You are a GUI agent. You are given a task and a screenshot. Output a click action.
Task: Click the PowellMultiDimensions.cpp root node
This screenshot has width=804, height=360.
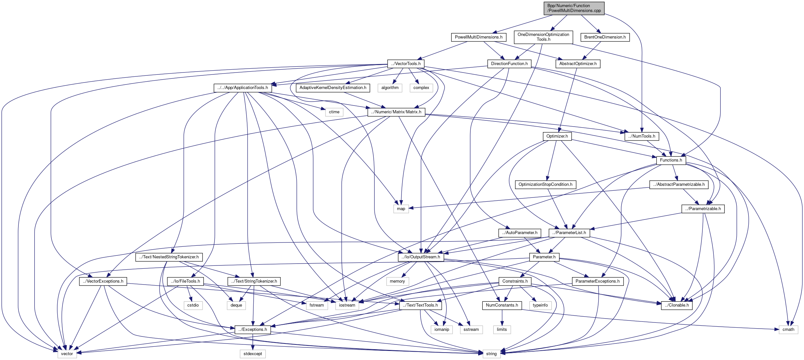click(574, 8)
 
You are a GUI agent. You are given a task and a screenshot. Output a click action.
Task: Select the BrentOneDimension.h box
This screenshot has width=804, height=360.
click(605, 37)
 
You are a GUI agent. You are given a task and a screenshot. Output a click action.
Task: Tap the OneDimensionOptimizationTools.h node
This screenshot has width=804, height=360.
click(543, 37)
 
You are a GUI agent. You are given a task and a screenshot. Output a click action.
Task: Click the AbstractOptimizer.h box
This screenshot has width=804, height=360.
click(578, 64)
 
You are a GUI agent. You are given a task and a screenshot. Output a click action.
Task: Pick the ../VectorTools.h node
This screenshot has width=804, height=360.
click(406, 64)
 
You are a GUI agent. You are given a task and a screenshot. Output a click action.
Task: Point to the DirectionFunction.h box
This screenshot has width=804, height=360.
click(509, 64)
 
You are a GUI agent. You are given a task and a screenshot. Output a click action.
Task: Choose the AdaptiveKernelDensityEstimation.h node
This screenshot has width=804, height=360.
click(333, 88)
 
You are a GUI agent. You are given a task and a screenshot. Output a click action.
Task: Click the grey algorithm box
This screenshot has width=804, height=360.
click(390, 88)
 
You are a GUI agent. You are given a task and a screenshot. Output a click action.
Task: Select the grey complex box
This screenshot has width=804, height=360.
click(421, 88)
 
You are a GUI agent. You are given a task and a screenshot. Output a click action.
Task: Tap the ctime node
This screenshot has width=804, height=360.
click(334, 112)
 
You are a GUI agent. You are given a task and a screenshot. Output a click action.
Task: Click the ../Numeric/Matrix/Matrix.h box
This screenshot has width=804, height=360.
click(396, 112)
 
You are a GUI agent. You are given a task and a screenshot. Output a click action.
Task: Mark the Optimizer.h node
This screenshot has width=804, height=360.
click(557, 136)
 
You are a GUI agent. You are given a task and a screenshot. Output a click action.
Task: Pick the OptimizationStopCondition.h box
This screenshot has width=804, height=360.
click(545, 185)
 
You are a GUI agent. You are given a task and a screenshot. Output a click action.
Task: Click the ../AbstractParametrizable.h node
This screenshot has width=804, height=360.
click(679, 185)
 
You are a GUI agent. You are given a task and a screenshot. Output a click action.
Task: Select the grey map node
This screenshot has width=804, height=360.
click(401, 209)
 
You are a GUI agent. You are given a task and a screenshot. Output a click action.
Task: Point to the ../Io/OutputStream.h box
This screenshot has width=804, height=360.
click(421, 257)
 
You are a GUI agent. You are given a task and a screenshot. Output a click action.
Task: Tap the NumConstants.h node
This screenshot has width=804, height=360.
click(502, 305)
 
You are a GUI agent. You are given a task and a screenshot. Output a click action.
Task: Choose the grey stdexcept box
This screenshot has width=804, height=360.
click(253, 354)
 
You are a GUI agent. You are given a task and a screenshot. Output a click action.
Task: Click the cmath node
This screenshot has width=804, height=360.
click(788, 330)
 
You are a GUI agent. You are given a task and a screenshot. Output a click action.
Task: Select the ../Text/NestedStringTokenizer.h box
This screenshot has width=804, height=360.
click(169, 257)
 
